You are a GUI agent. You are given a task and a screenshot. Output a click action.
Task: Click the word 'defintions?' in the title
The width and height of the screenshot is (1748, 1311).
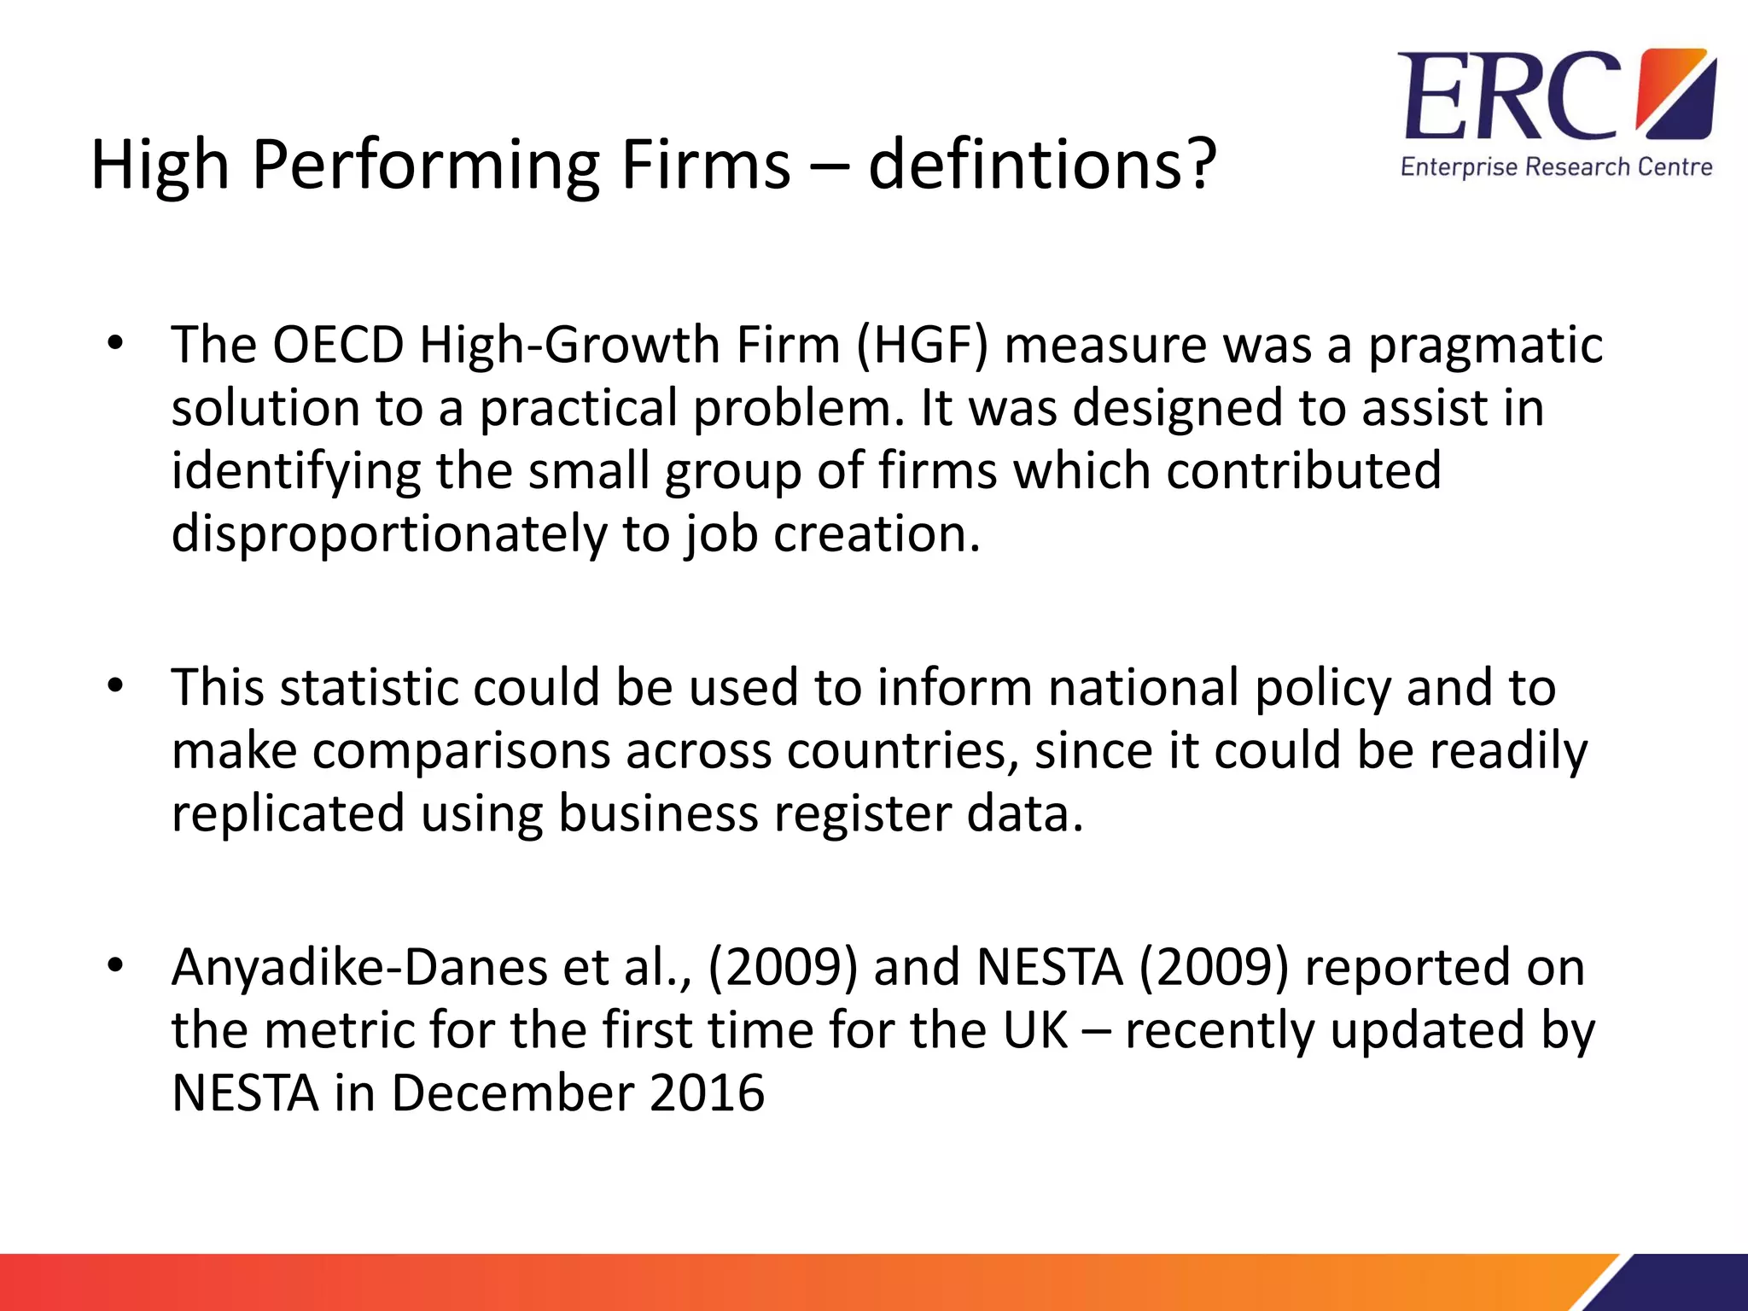click(1041, 164)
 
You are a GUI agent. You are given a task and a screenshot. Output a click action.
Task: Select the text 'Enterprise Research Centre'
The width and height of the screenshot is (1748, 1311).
click(1556, 166)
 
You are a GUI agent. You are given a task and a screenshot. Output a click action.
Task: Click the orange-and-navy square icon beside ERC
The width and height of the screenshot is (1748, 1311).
click(1674, 94)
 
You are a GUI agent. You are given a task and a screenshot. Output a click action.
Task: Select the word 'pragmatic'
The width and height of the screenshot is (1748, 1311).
click(1485, 347)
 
